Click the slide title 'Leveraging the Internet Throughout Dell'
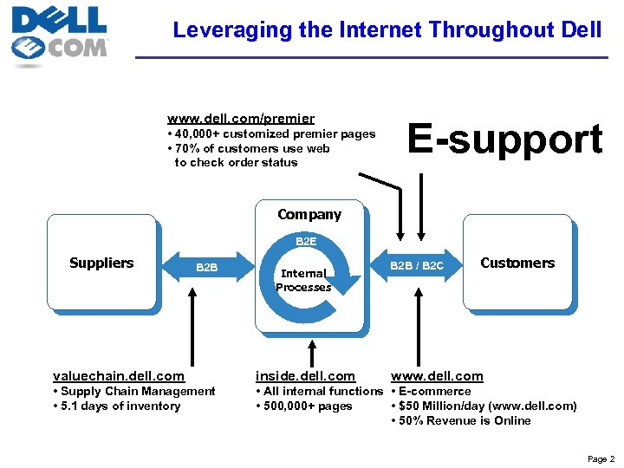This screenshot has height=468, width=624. (x=387, y=29)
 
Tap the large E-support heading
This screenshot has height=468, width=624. (x=504, y=140)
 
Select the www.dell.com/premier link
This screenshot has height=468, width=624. (x=240, y=118)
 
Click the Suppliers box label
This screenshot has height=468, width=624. (x=101, y=263)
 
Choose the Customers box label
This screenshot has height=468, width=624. (x=517, y=263)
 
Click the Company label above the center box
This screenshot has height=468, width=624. (x=309, y=214)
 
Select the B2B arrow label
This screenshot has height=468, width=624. (x=206, y=268)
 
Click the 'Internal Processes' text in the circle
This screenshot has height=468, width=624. (x=303, y=280)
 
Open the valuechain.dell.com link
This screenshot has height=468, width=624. (x=119, y=375)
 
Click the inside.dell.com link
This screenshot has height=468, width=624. (x=305, y=375)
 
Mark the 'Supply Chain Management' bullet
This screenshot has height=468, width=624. (x=133, y=391)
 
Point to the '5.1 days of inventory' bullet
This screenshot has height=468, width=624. (x=116, y=406)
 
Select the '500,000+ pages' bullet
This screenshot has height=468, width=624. (x=303, y=406)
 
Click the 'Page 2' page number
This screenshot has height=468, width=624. (x=601, y=458)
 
